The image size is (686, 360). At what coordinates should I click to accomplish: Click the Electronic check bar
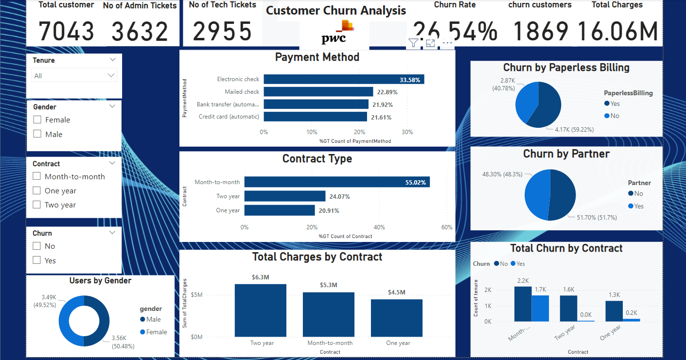tap(343, 79)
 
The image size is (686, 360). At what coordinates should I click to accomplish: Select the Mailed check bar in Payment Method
tap(318, 92)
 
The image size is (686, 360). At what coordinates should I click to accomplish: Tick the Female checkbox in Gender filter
tap(37, 120)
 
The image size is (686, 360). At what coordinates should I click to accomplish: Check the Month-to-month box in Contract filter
tap(37, 177)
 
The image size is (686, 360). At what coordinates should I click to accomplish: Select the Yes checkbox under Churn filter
tap(37, 260)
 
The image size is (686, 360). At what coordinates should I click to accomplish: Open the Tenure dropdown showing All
tap(111, 75)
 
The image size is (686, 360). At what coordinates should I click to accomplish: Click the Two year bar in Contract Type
tap(284, 196)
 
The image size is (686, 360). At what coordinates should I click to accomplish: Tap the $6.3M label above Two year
tap(260, 277)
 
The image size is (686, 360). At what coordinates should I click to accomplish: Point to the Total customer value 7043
tap(66, 32)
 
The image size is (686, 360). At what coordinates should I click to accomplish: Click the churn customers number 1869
tap(541, 32)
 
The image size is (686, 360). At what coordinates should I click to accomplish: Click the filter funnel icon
tap(413, 43)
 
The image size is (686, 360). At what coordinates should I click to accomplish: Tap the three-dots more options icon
tap(447, 43)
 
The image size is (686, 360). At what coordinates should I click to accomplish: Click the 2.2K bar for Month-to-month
tap(523, 304)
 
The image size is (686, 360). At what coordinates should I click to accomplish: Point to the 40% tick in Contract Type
tap(379, 227)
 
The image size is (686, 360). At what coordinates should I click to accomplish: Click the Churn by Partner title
tap(566, 154)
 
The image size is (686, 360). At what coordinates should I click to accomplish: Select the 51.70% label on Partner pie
tap(597, 218)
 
